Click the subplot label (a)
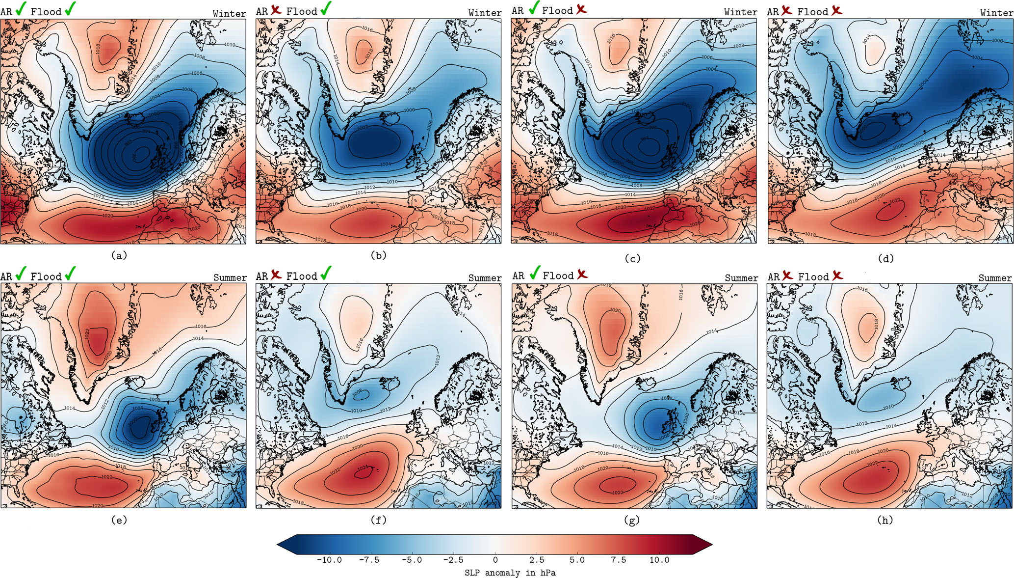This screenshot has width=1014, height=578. click(x=119, y=255)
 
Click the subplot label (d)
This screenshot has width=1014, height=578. click(x=885, y=258)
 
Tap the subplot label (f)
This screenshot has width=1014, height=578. click(x=379, y=520)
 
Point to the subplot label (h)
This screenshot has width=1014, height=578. click(x=885, y=520)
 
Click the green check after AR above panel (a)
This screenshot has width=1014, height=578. click(x=21, y=9)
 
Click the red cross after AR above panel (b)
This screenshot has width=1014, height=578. click(x=276, y=10)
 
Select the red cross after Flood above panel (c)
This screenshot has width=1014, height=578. click(x=582, y=9)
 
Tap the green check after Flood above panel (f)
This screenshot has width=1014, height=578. click(x=326, y=274)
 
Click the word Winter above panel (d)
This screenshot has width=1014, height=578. click(x=996, y=13)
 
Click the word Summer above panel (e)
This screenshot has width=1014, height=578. click(x=230, y=278)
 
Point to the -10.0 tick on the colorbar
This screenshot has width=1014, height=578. click(x=329, y=560)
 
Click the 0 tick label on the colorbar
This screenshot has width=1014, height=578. click(x=495, y=560)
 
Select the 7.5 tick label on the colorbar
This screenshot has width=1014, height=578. click(x=618, y=560)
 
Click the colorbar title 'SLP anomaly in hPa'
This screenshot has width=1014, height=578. click(x=510, y=573)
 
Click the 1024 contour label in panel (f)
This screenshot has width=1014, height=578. click(x=363, y=468)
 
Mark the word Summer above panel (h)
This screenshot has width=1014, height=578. click(x=995, y=278)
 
